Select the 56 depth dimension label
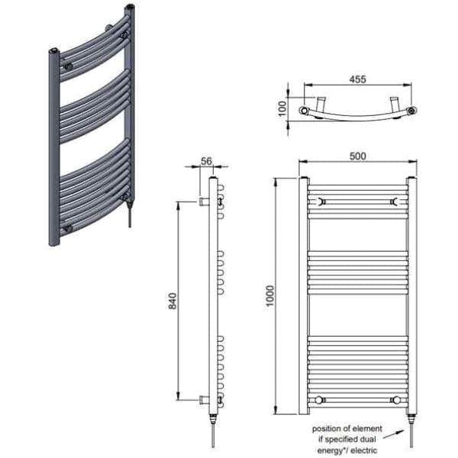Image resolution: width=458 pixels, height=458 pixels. click(x=205, y=161)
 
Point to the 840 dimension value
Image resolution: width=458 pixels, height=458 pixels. click(x=172, y=301)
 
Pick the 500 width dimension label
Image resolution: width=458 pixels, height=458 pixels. click(x=357, y=156)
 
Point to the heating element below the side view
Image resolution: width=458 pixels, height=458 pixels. click(x=213, y=431)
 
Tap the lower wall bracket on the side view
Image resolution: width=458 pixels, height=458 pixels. click(x=203, y=399)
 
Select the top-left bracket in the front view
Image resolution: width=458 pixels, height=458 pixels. click(x=321, y=202)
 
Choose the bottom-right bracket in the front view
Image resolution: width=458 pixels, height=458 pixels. click(x=395, y=399)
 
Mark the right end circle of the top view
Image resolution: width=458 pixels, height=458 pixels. click(x=412, y=111)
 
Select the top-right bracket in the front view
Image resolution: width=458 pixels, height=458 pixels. click(x=395, y=202)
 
